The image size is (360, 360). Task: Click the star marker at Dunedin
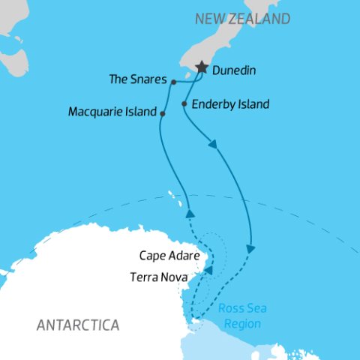202,67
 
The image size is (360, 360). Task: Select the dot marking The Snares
173,82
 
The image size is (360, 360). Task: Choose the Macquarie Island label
112,112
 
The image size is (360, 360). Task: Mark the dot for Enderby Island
184,104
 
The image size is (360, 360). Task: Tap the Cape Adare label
169,256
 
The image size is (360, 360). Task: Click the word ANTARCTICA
78,325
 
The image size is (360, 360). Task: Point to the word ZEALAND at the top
262,18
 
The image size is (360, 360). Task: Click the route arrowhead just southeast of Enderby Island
216,145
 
